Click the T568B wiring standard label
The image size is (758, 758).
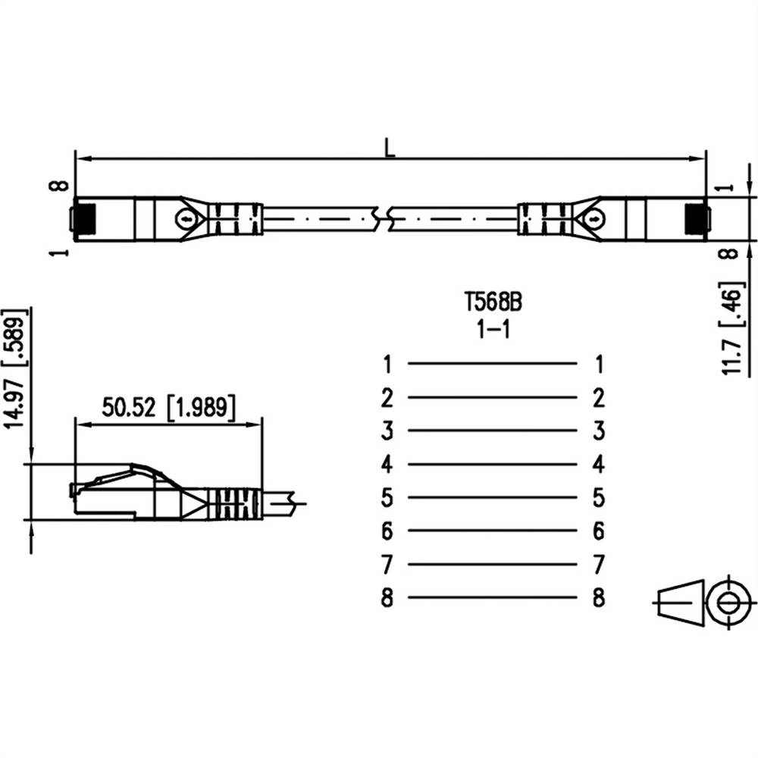[x=493, y=302]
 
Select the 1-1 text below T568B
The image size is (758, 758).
[x=493, y=331]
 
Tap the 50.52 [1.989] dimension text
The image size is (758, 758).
[x=168, y=407]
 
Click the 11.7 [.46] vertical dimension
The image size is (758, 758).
[x=732, y=330]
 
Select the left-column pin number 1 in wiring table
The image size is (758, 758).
[x=387, y=365]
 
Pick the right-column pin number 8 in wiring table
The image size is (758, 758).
[x=599, y=598]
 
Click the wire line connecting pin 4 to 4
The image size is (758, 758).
[x=493, y=464]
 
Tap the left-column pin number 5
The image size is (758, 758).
[x=387, y=498]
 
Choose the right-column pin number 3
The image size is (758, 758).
[x=599, y=431]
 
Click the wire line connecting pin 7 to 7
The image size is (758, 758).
[x=493, y=564]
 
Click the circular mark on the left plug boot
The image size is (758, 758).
[x=186, y=218]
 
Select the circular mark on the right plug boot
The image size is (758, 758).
[x=597, y=218]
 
